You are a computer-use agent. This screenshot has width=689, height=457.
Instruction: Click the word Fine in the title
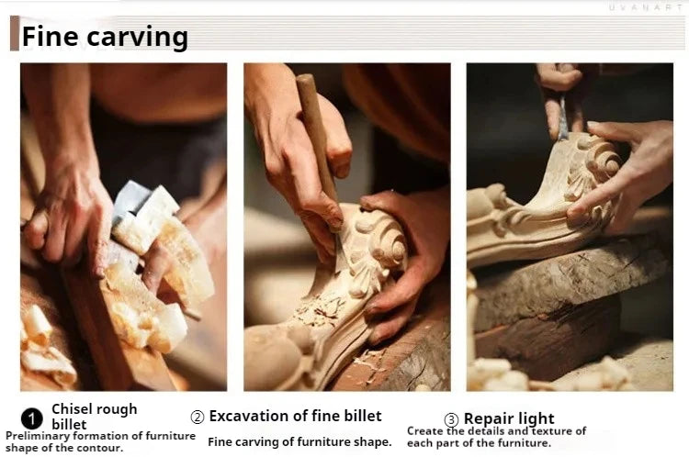point(50,36)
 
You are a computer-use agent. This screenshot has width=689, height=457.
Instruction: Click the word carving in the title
point(138,39)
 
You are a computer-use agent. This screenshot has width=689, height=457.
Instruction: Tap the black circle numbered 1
point(31,418)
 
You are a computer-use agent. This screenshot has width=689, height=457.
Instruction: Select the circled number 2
point(198,417)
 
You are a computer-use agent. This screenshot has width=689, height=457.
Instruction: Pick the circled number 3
point(451,420)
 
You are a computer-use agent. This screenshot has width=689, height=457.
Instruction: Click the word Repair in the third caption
point(488,418)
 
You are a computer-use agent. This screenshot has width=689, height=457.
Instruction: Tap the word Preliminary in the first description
point(38,436)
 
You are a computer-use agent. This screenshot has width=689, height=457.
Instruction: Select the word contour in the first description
point(102,448)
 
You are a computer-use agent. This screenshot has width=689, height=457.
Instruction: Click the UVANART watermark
point(645,7)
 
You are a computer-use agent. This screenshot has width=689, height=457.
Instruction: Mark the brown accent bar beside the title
point(15,33)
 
